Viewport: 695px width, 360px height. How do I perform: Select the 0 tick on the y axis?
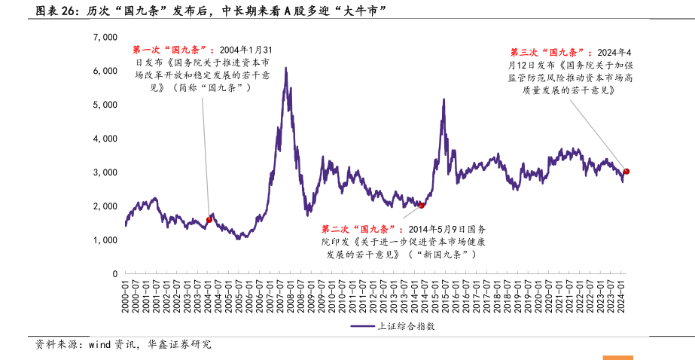point(114,274)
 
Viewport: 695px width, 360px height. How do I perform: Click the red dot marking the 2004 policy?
point(209,220)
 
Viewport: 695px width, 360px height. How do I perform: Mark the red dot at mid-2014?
point(422,205)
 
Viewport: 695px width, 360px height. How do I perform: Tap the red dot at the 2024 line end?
point(626,172)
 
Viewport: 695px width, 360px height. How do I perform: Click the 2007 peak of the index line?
point(286,69)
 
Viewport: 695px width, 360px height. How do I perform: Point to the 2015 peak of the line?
point(444,99)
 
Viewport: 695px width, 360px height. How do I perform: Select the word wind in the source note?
point(100,345)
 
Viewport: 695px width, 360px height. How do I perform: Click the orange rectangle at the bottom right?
point(617,357)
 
